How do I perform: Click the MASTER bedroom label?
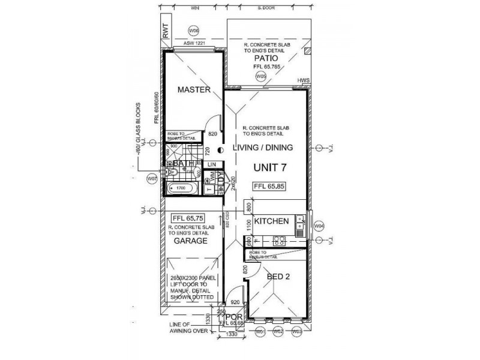coord(194,90)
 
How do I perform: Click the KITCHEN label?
coord(272,221)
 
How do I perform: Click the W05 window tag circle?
coord(260,77)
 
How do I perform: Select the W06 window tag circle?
coord(194,30)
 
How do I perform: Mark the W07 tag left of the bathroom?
coord(152,179)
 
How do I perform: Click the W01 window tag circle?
coord(260,331)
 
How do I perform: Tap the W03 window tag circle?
coord(295,331)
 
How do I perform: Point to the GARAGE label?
coord(190,241)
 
